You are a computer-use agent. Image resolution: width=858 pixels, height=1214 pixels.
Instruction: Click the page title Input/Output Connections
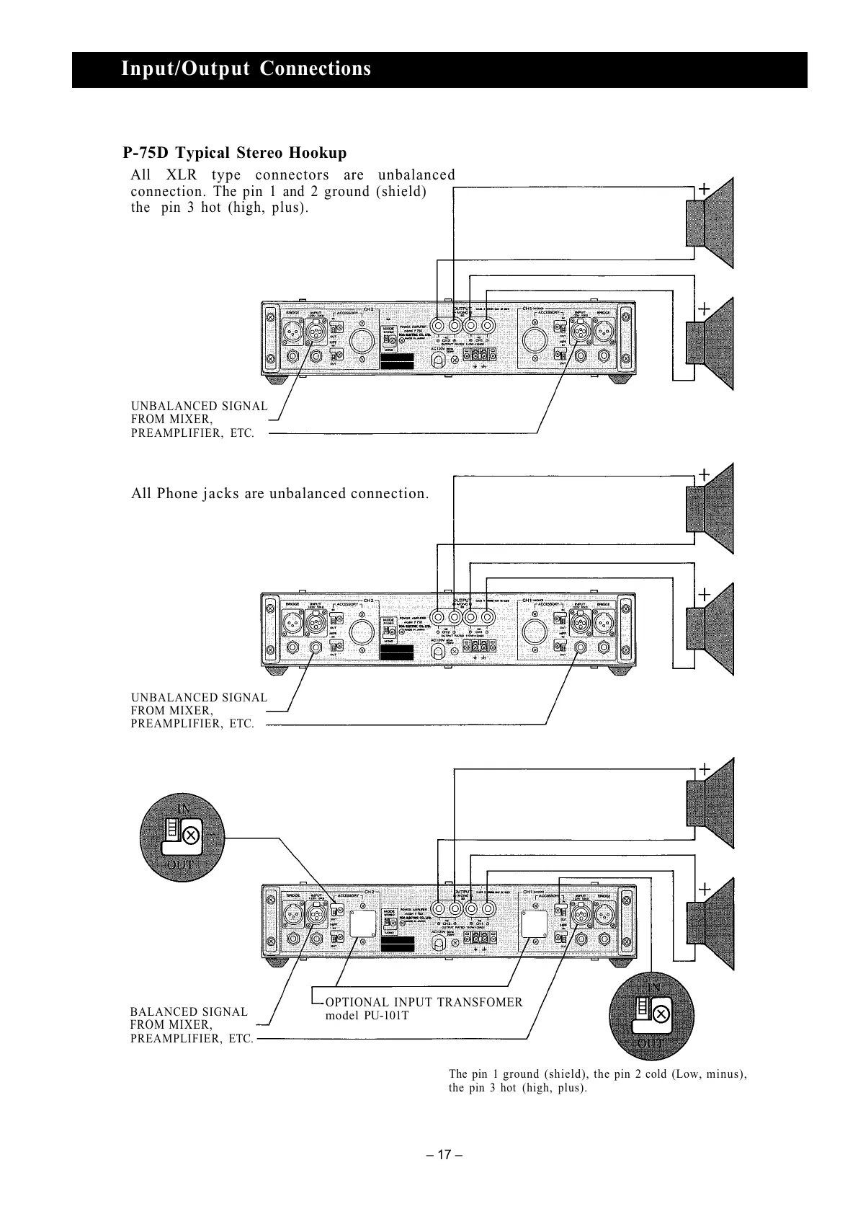(246, 69)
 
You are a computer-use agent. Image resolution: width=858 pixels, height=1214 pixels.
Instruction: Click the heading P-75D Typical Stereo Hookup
(234, 153)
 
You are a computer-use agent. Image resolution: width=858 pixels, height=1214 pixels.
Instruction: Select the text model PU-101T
(367, 1016)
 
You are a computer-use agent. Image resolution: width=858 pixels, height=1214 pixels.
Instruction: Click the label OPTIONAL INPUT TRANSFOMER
(424, 1002)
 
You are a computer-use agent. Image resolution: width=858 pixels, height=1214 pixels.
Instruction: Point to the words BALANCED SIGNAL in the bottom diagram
(189, 1012)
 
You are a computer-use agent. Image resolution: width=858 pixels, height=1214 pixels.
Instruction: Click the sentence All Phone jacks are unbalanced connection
(280, 494)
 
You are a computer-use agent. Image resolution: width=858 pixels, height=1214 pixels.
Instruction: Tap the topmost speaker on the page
(710, 223)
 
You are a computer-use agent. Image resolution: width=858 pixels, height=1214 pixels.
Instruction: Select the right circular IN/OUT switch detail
(651, 1015)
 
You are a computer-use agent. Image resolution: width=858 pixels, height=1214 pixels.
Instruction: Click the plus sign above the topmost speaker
(704, 189)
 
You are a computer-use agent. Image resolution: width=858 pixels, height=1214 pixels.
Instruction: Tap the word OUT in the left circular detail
(179, 864)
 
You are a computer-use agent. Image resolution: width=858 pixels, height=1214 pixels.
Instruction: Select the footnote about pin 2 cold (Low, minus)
(597, 1081)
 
